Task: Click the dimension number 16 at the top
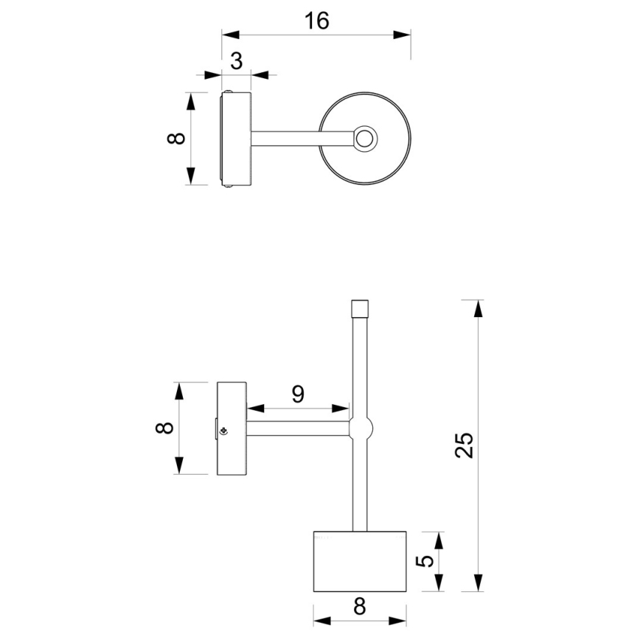pos(316,21)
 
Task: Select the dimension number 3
pos(236,61)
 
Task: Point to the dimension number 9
pos(297,394)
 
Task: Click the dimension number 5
pos(425,560)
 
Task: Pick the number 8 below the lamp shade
pos(359,606)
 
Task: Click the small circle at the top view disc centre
pos(365,138)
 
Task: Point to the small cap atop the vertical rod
pos(359,307)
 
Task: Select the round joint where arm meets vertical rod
pos(360,428)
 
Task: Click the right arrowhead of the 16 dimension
pos(403,34)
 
